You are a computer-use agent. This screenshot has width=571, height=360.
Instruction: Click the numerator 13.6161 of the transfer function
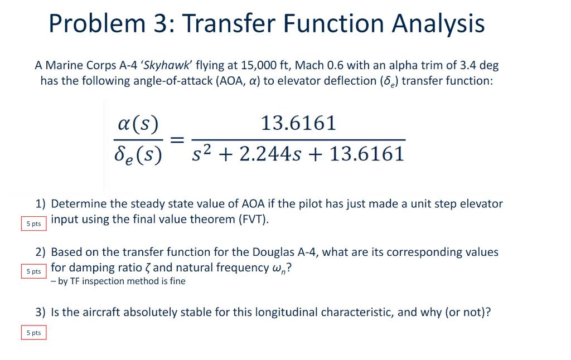(x=299, y=123)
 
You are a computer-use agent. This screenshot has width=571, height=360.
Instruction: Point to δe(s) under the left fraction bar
(x=138, y=154)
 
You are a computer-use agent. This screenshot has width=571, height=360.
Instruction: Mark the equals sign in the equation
(x=177, y=139)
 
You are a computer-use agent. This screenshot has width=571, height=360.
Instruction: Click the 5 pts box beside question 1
(x=33, y=223)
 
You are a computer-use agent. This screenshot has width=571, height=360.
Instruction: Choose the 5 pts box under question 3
(x=33, y=333)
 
